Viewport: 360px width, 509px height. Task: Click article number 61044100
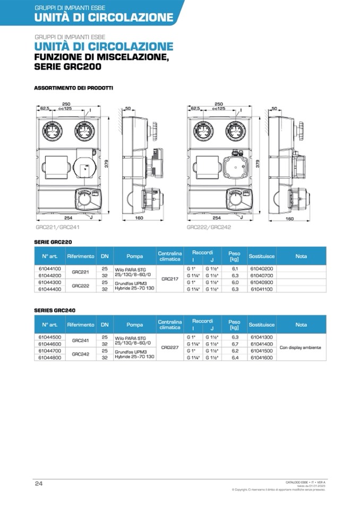[x=49, y=269]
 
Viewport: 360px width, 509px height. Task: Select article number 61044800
[x=49, y=358]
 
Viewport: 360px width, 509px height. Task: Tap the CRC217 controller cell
[x=169, y=278]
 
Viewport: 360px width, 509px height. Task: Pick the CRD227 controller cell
[x=169, y=347]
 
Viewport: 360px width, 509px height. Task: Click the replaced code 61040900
[x=261, y=282]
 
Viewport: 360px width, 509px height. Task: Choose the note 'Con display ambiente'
[x=301, y=347]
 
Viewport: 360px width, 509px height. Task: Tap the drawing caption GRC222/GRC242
[x=209, y=227]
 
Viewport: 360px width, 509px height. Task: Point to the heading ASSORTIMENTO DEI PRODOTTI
[x=73, y=88]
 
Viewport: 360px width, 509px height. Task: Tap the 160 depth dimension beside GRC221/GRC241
[x=138, y=217]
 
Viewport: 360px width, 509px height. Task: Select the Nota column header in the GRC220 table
[x=301, y=256]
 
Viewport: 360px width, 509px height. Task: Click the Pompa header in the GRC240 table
[x=135, y=324]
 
